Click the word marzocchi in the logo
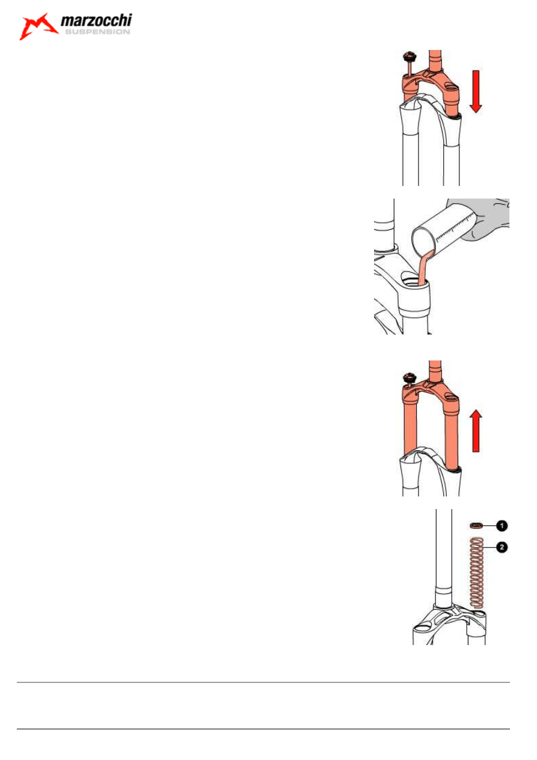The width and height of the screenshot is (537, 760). pos(96,20)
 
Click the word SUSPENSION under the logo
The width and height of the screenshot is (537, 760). pos(97,32)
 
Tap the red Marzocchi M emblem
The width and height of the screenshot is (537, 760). pos(38,26)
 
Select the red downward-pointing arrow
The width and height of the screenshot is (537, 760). pos(476,91)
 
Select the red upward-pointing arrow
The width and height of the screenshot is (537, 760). pos(476,431)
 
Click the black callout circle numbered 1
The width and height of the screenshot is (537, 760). pos(502,526)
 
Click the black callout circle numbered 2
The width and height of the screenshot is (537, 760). pos(502,547)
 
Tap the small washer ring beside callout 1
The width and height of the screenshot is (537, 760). pos(476,526)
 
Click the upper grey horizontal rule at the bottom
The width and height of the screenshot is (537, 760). pos(263,682)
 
